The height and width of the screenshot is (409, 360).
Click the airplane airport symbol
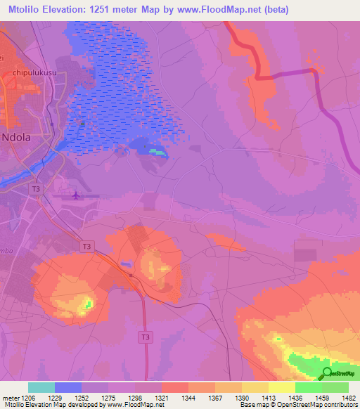point(75,195)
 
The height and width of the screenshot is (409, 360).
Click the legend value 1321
point(161,398)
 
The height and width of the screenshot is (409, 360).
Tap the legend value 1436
point(295,398)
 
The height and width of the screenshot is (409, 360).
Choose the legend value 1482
point(347,398)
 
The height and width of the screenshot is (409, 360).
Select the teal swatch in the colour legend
point(41,387)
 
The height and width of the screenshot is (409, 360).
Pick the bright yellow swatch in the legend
point(281,387)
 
